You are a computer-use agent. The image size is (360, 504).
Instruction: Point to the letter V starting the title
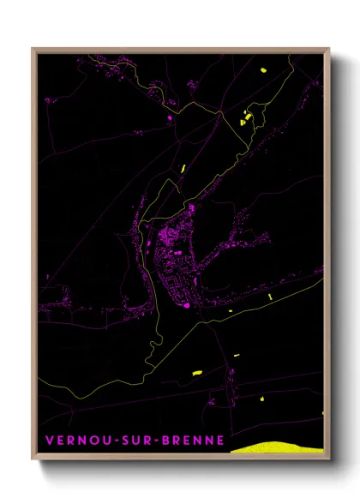[x=49, y=442]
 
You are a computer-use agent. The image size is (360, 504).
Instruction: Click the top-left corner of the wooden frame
[x=33, y=49]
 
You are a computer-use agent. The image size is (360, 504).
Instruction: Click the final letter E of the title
[x=220, y=442]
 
